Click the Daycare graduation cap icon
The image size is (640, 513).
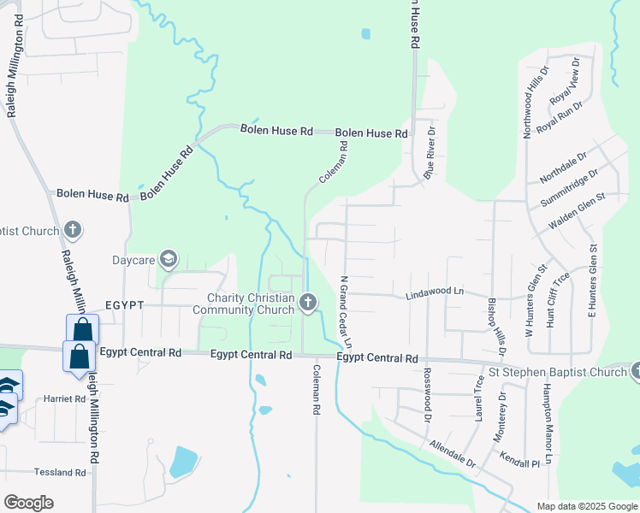(x=169, y=259)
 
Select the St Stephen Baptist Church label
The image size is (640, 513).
(x=557, y=372)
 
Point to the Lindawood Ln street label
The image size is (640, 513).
(x=434, y=293)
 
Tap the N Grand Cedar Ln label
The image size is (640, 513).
(x=346, y=311)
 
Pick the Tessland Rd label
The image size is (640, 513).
(x=60, y=472)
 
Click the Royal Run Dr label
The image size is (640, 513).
(x=559, y=117)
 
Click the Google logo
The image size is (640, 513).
(x=28, y=503)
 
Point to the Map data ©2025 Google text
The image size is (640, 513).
(x=586, y=506)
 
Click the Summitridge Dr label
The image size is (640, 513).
(x=570, y=189)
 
